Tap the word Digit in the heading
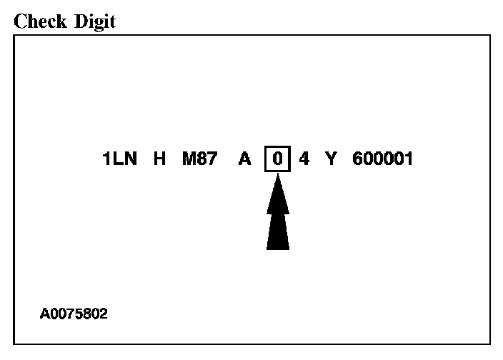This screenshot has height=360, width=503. coord(93,23)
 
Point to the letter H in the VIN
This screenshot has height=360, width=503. coord(160,159)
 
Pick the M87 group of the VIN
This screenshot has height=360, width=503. coord(199,159)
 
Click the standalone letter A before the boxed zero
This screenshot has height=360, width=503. coord(245,159)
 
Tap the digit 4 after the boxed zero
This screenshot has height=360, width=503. coord(304,159)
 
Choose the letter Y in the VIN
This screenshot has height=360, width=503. coord(330,159)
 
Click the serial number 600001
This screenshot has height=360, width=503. coord(382,159)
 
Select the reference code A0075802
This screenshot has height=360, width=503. coord(74,313)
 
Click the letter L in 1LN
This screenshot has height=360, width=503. coord(119,159)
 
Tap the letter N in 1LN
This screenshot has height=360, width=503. coord(131,159)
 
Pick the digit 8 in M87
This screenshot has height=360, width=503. coord(203,159)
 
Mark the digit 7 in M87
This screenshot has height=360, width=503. coord(213,159)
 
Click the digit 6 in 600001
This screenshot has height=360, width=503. coord(357,159)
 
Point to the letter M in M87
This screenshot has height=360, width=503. coord(189,159)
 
